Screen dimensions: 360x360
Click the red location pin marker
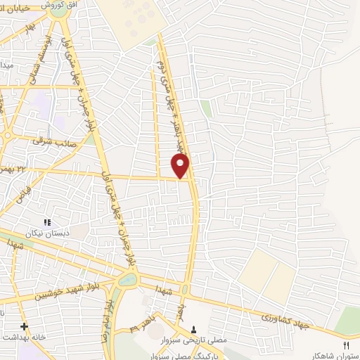click(x=181, y=166)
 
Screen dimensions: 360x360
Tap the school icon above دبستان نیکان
click(x=48, y=223)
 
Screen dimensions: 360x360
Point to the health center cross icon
click(x=25, y=326)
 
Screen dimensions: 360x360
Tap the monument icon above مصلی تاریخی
click(x=195, y=328)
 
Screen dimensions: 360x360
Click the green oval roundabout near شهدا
click(x=127, y=280)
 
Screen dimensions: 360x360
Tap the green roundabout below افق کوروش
click(x=58, y=12)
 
